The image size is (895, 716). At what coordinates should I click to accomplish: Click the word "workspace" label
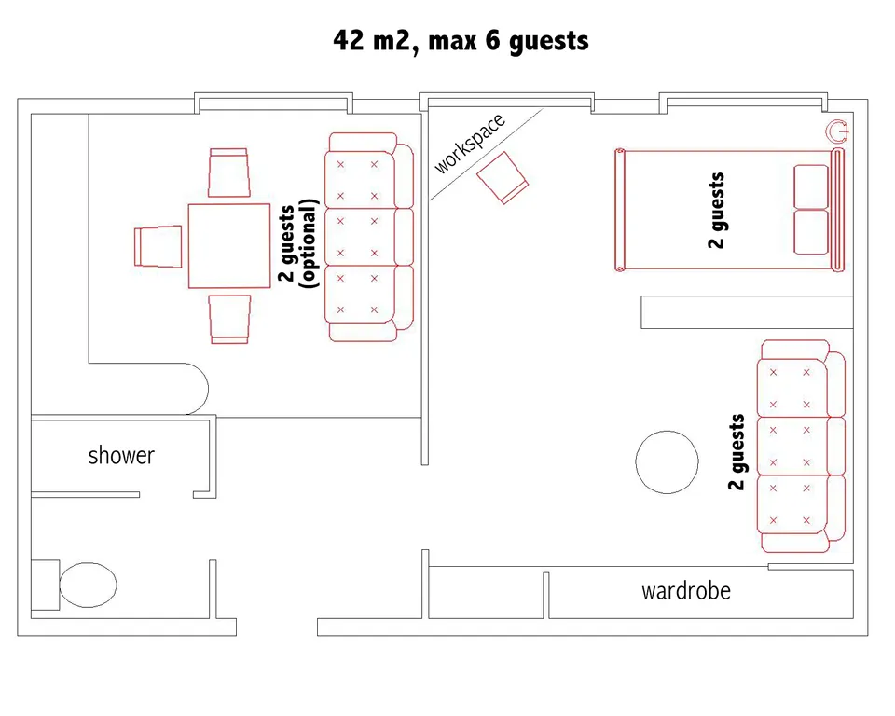click(x=470, y=144)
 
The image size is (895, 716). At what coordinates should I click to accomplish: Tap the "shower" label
click(x=121, y=456)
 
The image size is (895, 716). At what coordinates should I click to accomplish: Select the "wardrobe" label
click(x=685, y=591)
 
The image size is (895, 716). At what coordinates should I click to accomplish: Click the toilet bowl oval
click(x=88, y=585)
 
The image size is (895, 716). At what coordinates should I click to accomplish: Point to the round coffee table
click(x=667, y=461)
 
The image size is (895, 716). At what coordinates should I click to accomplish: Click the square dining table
click(x=229, y=245)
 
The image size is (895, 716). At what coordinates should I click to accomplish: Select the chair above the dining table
click(x=229, y=172)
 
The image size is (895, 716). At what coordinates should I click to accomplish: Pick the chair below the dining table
click(x=229, y=319)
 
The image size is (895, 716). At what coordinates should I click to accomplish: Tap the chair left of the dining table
click(x=158, y=246)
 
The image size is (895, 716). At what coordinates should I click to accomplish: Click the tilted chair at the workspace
click(x=503, y=177)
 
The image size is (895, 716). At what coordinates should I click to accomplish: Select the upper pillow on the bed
click(x=811, y=186)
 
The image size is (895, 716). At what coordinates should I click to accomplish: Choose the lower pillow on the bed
click(x=811, y=232)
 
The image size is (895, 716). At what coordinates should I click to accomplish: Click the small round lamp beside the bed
click(x=837, y=131)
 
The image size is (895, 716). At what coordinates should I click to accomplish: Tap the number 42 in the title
click(x=348, y=40)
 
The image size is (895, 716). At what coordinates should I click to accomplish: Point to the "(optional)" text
click(x=308, y=244)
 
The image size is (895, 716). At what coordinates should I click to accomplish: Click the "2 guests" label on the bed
click(x=716, y=210)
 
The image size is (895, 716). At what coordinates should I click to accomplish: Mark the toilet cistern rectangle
click(x=45, y=585)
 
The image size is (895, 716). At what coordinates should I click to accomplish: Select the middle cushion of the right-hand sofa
click(x=792, y=447)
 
